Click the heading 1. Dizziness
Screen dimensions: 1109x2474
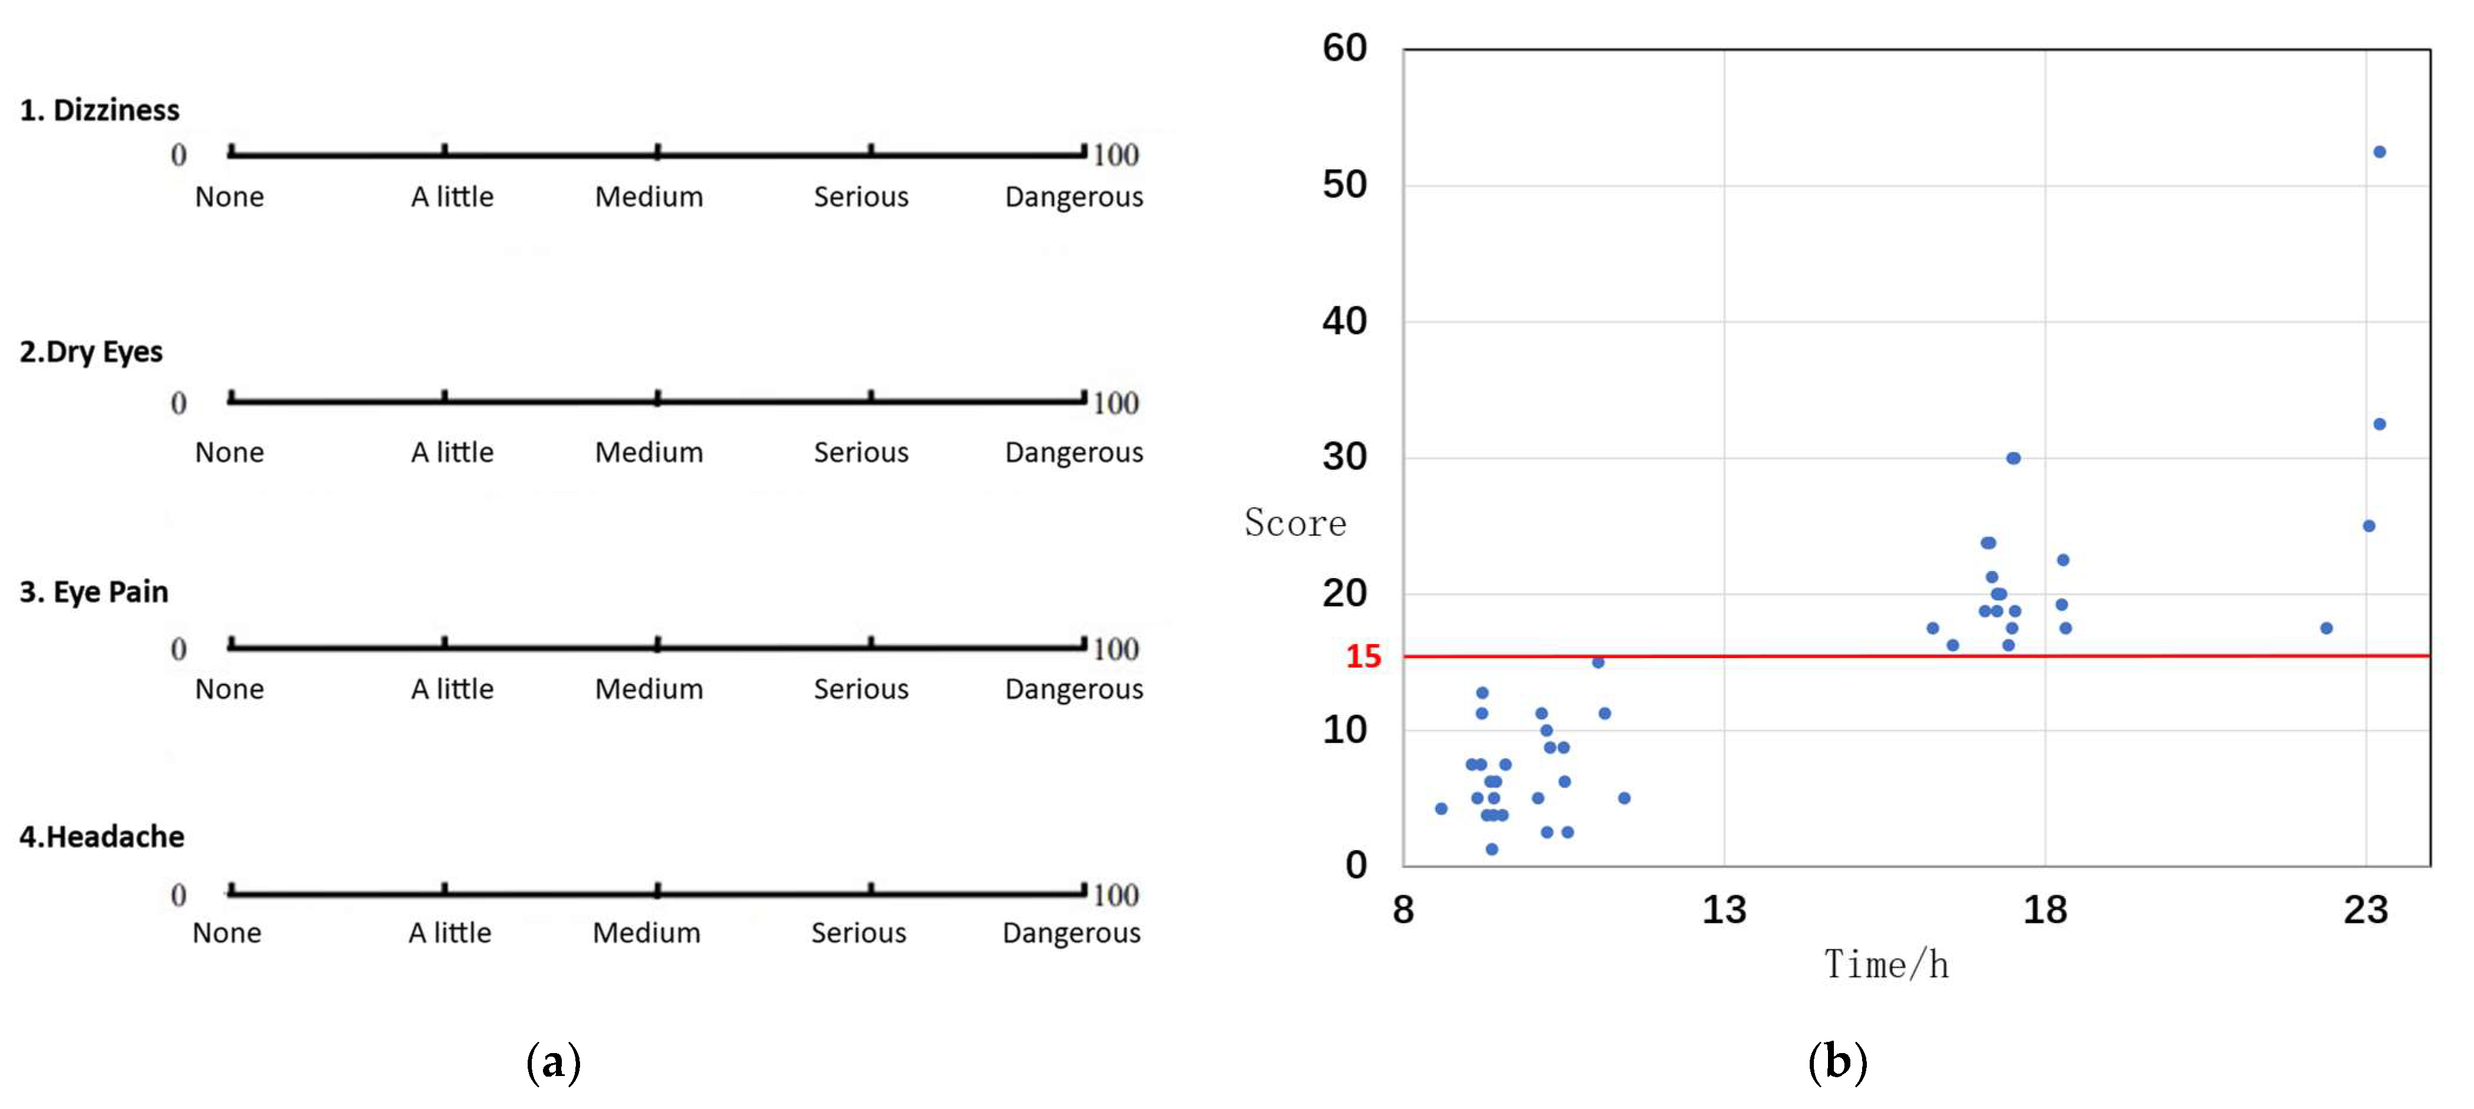pos(100,111)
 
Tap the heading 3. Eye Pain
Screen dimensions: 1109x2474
pos(94,592)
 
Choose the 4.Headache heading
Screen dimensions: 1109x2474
pos(102,836)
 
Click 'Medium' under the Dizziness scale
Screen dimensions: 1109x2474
pos(649,197)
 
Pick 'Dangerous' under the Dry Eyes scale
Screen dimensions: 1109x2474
pos(1074,452)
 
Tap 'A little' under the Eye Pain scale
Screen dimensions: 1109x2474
pos(452,689)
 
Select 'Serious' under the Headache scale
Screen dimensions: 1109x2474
pos(859,932)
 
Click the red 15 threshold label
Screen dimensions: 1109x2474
pos(1363,657)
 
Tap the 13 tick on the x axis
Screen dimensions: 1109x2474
pos(1724,909)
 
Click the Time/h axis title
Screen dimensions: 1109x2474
pos(1886,965)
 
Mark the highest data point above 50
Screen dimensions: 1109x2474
pos(2380,152)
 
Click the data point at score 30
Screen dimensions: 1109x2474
pos(2013,458)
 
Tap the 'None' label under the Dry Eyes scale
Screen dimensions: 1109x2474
pos(230,452)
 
